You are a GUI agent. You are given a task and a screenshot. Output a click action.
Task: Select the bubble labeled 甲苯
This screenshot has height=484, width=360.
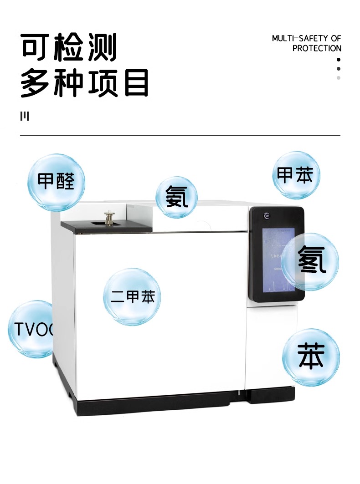pyautogui.click(x=296, y=175)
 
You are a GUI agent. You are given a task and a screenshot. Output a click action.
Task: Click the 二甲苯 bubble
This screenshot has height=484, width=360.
pyautogui.click(x=132, y=296)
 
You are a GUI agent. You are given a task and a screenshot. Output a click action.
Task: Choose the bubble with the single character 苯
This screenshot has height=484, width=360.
pyautogui.click(x=311, y=357)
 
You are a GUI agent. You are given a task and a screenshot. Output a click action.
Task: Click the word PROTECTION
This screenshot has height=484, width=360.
pyautogui.click(x=317, y=48)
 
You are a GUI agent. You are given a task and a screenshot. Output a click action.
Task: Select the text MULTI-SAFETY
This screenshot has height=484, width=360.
pyautogui.click(x=301, y=38)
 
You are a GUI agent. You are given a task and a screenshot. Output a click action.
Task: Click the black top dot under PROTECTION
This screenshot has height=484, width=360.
pyautogui.click(x=339, y=60)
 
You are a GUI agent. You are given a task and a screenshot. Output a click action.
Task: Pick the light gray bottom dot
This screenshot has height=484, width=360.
pyautogui.click(x=339, y=78)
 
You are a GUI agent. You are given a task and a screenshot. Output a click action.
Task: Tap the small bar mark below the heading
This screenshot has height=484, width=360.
pyautogui.click(x=25, y=116)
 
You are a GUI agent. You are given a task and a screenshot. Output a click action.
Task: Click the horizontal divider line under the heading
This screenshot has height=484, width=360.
pyautogui.click(x=180, y=135)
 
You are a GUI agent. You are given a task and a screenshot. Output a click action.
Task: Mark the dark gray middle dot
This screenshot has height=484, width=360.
pyautogui.click(x=339, y=69)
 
